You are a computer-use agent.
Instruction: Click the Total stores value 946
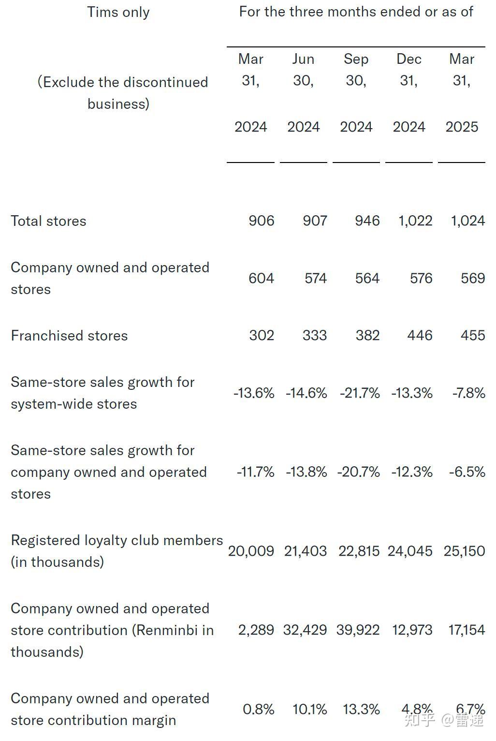pyautogui.click(x=367, y=221)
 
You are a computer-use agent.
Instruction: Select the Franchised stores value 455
pyautogui.click(x=473, y=335)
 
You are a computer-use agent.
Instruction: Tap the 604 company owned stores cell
pyautogui.click(x=261, y=278)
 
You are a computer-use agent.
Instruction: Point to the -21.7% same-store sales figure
pyautogui.click(x=360, y=393)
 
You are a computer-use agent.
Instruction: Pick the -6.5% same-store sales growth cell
pyautogui.click(x=467, y=472)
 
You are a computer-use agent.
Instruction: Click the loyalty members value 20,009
pyautogui.click(x=251, y=551)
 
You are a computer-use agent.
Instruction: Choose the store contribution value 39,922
pyautogui.click(x=358, y=630)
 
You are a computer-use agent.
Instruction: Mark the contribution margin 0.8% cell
pyautogui.click(x=259, y=709)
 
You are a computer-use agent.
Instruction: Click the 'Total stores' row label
pyautogui.click(x=48, y=221)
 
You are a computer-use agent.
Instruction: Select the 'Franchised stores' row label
pyautogui.click(x=69, y=336)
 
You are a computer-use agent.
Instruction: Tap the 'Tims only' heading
pyautogui.click(x=118, y=12)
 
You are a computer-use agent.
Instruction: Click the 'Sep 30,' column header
pyautogui.click(x=356, y=70)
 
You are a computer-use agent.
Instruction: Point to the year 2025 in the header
pyautogui.click(x=462, y=127)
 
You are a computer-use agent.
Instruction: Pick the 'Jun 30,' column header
pyautogui.click(x=303, y=70)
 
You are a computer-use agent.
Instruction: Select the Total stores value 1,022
pyautogui.click(x=415, y=221)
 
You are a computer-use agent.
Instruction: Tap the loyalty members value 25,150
pyautogui.click(x=464, y=551)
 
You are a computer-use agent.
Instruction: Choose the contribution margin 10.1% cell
pyautogui.click(x=310, y=709)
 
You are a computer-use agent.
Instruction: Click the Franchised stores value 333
pyautogui.click(x=314, y=335)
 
